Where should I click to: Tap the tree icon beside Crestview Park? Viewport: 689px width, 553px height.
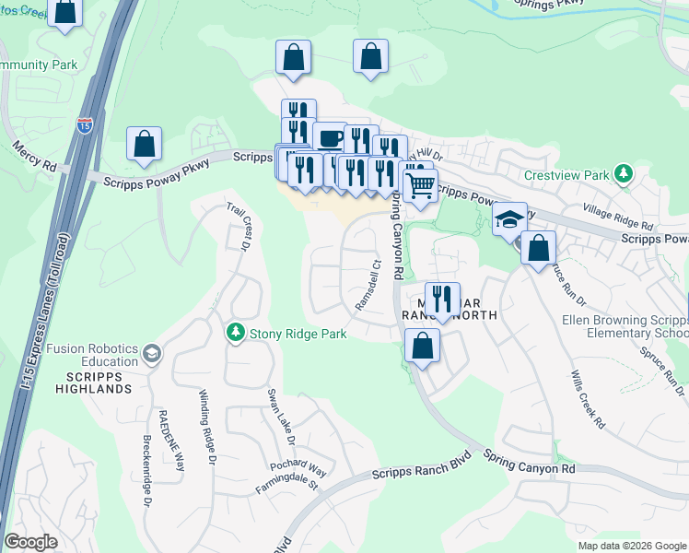point(624,173)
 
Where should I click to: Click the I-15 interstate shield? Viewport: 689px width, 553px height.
point(84,125)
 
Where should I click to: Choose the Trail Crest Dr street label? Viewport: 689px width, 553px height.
point(239,226)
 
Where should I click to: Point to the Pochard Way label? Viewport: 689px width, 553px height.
point(298,467)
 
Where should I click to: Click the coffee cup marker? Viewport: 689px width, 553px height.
point(330,138)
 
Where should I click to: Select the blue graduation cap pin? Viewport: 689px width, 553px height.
point(508,218)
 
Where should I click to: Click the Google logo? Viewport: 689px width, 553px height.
point(31,542)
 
